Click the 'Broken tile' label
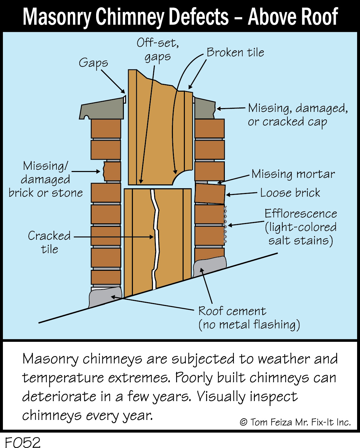(235, 52)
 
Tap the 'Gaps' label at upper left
(93, 63)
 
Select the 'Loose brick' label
(290, 193)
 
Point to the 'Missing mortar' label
(293, 174)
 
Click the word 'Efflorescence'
(301, 214)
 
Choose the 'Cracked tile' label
(49, 242)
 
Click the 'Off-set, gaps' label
(158, 50)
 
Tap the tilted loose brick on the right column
(210, 194)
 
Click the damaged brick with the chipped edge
(112, 171)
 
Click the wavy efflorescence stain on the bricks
(225, 225)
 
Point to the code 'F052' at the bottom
(23, 442)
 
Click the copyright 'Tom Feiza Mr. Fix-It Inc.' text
(295, 422)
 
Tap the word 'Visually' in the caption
(221, 397)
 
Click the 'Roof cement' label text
(232, 311)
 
